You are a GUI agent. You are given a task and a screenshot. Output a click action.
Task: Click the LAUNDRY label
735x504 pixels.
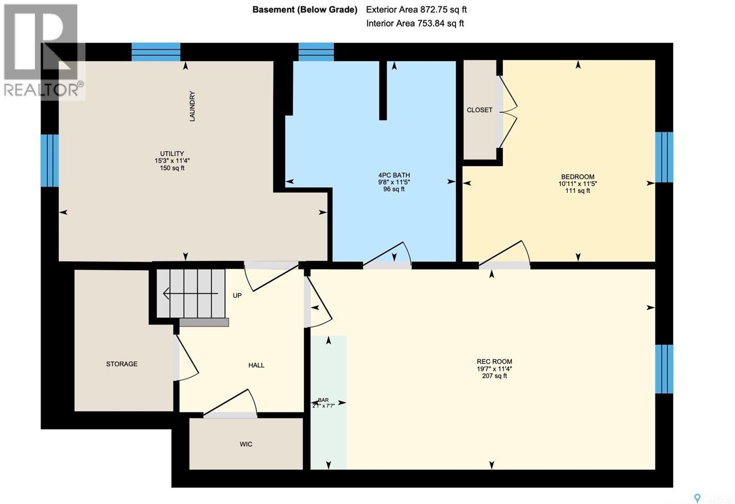coord(192,106)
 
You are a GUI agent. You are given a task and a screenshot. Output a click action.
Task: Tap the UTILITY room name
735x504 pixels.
coord(172,154)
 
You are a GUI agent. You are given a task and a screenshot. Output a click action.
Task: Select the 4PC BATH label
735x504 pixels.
coord(394,175)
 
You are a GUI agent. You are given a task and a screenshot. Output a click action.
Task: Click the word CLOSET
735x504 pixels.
coord(480,110)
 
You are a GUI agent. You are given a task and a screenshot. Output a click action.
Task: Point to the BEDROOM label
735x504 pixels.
coord(577,177)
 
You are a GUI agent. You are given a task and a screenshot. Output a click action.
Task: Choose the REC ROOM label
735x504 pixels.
coord(494,361)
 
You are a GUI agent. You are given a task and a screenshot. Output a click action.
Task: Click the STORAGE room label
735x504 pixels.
coord(122,364)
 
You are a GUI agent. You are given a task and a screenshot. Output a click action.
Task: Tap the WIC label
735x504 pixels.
coord(246,444)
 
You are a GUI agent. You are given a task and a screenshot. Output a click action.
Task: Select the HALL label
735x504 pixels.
coord(256,365)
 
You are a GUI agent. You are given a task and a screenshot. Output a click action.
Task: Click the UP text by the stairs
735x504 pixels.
coord(237,295)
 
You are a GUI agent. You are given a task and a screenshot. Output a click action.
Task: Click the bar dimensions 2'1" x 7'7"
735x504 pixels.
coord(323,406)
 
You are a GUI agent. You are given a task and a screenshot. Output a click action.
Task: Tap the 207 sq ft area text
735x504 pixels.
coord(494,376)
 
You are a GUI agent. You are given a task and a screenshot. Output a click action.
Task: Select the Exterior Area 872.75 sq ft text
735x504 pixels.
coord(416,9)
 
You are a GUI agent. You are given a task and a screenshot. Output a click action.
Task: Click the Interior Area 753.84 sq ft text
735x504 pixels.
coord(415,23)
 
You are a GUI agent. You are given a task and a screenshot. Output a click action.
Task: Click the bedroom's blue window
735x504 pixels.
coord(664,157)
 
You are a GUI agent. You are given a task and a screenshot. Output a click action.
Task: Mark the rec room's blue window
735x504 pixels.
coord(664,369)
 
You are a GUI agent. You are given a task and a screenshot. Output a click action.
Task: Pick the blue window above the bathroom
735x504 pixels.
coord(316,52)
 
